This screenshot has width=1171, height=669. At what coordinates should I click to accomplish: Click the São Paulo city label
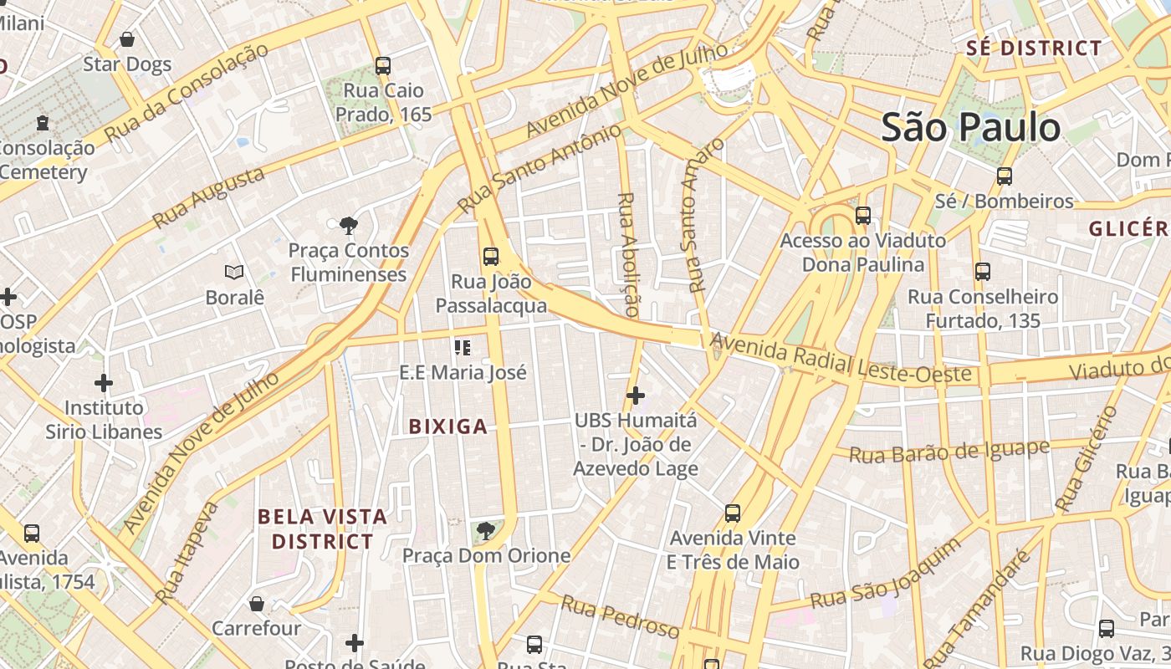pyautogui.click(x=971, y=128)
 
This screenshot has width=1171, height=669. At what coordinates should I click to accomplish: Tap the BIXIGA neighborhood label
pyautogui.click(x=447, y=426)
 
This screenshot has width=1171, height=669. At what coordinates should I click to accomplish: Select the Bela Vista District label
pyautogui.click(x=322, y=529)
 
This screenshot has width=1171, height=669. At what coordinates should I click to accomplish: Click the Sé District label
pyautogui.click(x=1034, y=49)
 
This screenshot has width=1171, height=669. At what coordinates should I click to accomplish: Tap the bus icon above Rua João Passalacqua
pyautogui.click(x=491, y=257)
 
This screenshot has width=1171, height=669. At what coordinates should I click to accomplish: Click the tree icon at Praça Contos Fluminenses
pyautogui.click(x=349, y=225)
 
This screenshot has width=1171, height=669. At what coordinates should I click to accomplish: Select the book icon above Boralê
pyautogui.click(x=235, y=272)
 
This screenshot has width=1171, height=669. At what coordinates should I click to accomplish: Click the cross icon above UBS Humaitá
pyautogui.click(x=636, y=395)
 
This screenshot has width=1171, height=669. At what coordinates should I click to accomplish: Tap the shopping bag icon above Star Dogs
pyautogui.click(x=127, y=39)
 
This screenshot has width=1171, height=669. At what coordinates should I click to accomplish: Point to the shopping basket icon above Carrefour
pyautogui.click(x=257, y=603)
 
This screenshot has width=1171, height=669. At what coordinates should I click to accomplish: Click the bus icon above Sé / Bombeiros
pyautogui.click(x=1005, y=176)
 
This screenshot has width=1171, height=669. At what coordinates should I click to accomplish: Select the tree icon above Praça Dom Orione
pyautogui.click(x=485, y=530)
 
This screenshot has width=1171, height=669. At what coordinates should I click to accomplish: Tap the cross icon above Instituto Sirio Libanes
pyautogui.click(x=104, y=383)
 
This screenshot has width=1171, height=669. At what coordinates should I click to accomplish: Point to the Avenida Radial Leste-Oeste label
pyautogui.click(x=842, y=358)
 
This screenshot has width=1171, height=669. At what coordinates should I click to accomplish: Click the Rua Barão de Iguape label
pyautogui.click(x=949, y=452)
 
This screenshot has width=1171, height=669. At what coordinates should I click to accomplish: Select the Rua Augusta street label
pyautogui.click(x=209, y=197)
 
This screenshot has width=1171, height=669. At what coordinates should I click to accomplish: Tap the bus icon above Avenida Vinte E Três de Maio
pyautogui.click(x=733, y=513)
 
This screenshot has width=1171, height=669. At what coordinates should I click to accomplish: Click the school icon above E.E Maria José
pyautogui.click(x=463, y=347)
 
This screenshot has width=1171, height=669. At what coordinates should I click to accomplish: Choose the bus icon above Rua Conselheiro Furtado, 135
pyautogui.click(x=983, y=272)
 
